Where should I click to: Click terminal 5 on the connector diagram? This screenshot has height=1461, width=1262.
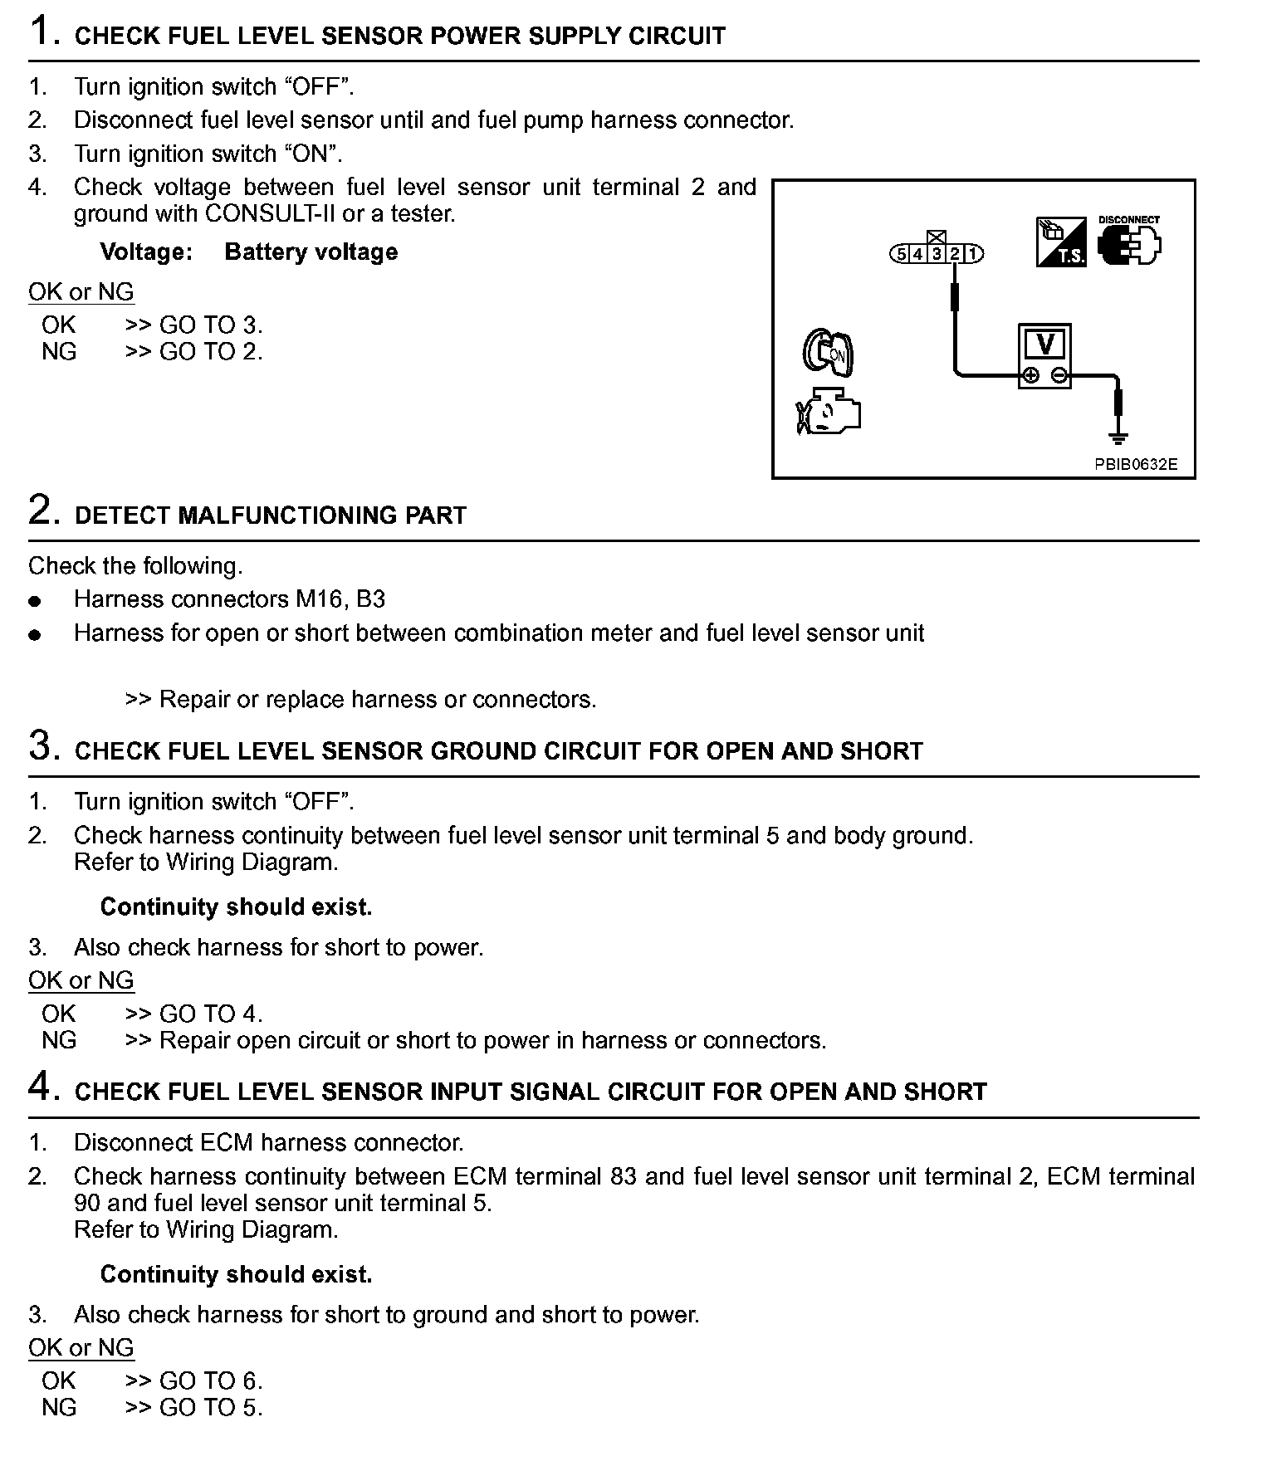(901, 254)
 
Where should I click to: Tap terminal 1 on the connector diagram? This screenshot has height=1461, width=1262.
(973, 254)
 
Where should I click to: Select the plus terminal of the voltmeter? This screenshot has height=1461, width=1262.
(1030, 375)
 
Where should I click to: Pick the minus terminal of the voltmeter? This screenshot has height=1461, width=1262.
(1059, 375)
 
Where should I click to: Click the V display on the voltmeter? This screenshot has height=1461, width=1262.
(1045, 344)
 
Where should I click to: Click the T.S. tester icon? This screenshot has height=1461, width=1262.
(1061, 242)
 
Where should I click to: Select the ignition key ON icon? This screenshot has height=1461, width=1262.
(828, 352)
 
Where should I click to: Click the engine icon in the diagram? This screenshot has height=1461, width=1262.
(829, 412)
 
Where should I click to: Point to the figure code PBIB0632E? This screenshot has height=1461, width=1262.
(1135, 465)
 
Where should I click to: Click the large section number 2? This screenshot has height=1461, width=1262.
(43, 510)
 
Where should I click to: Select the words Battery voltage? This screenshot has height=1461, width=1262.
(311, 252)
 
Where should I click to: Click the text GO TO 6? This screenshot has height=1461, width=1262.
(210, 1380)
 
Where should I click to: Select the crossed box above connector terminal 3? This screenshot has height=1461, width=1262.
(937, 238)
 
